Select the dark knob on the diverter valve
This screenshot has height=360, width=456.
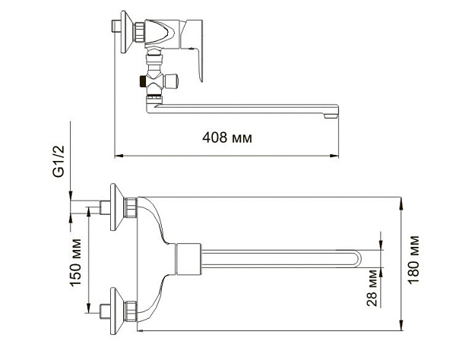[x=143, y=80]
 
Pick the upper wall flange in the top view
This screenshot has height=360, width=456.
[x=116, y=207]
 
